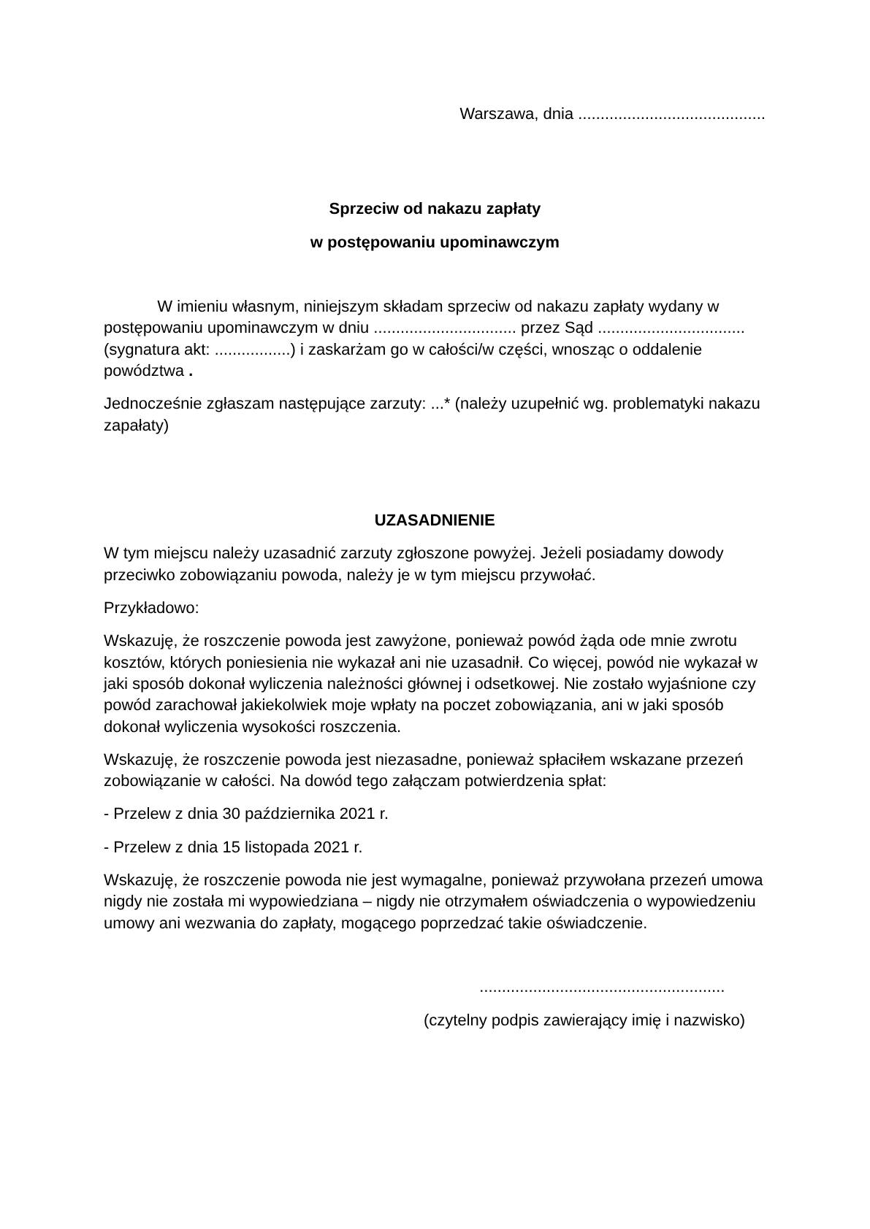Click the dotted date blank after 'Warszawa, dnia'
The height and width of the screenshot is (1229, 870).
click(671, 115)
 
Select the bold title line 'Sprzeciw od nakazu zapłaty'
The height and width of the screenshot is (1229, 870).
click(435, 209)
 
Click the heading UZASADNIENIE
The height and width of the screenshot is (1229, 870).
click(435, 520)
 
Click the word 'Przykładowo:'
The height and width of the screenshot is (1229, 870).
click(151, 608)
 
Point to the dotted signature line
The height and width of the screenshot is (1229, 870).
click(601, 990)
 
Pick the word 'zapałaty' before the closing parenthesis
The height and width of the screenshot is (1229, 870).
click(134, 425)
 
